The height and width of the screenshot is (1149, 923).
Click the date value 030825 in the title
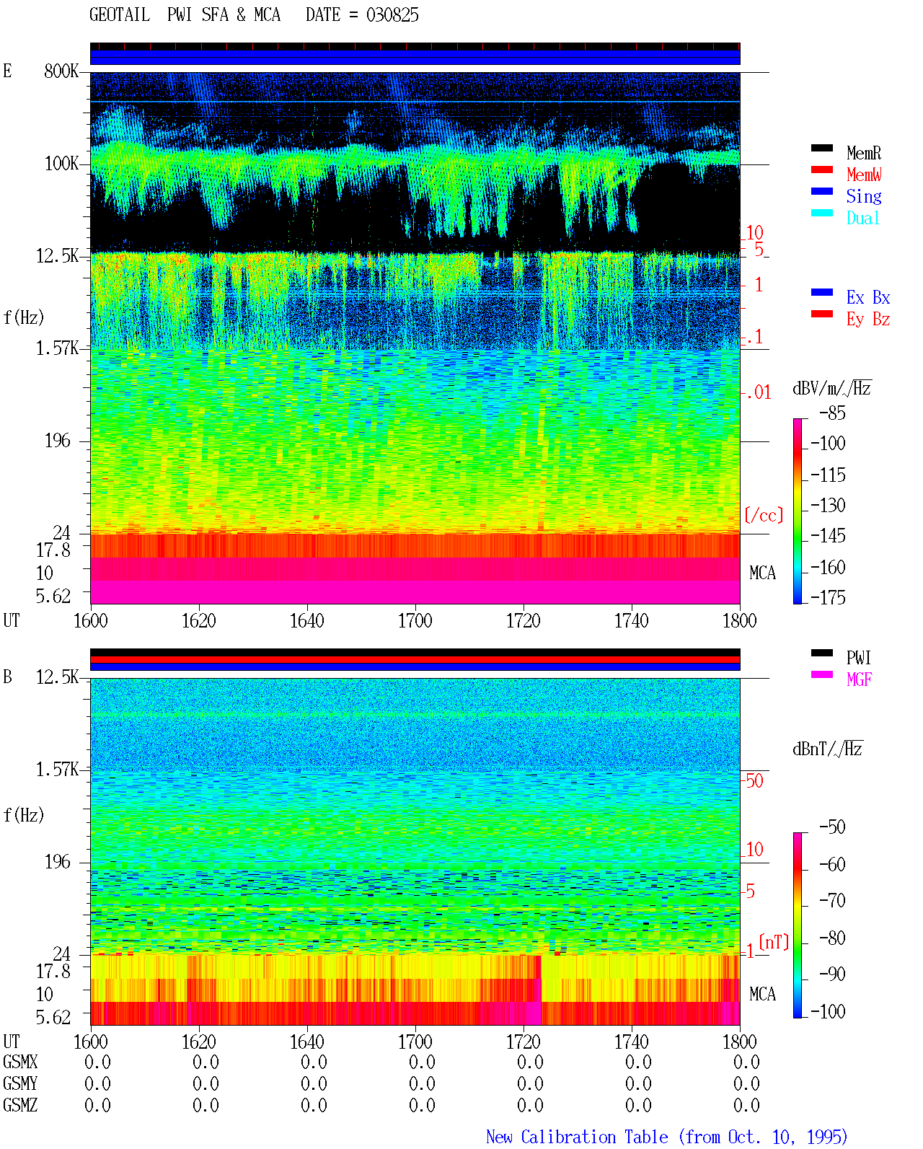[392, 15]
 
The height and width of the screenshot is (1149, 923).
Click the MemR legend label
[864, 153]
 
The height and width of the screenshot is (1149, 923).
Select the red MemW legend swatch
[821, 170]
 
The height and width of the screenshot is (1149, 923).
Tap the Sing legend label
[864, 196]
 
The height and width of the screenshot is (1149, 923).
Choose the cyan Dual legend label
[862, 218]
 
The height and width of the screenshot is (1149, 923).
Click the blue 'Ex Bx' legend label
[868, 297]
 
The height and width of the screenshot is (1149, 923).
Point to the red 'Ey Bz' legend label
[868, 320]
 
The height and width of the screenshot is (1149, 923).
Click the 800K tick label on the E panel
[61, 71]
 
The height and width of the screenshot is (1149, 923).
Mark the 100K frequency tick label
[61, 164]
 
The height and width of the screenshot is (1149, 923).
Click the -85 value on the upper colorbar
[832, 413]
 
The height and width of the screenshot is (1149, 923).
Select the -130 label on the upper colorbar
[828, 505]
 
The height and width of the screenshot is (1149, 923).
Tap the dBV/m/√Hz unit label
[831, 388]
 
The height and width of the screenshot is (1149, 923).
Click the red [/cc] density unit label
[764, 515]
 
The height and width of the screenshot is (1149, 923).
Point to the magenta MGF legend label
[860, 679]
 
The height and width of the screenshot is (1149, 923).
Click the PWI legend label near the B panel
[859, 658]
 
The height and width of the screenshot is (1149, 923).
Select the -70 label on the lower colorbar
[832, 901]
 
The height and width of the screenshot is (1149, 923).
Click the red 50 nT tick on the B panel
[754, 780]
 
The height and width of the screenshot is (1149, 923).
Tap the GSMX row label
[20, 1062]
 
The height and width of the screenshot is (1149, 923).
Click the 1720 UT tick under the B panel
[524, 1042]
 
